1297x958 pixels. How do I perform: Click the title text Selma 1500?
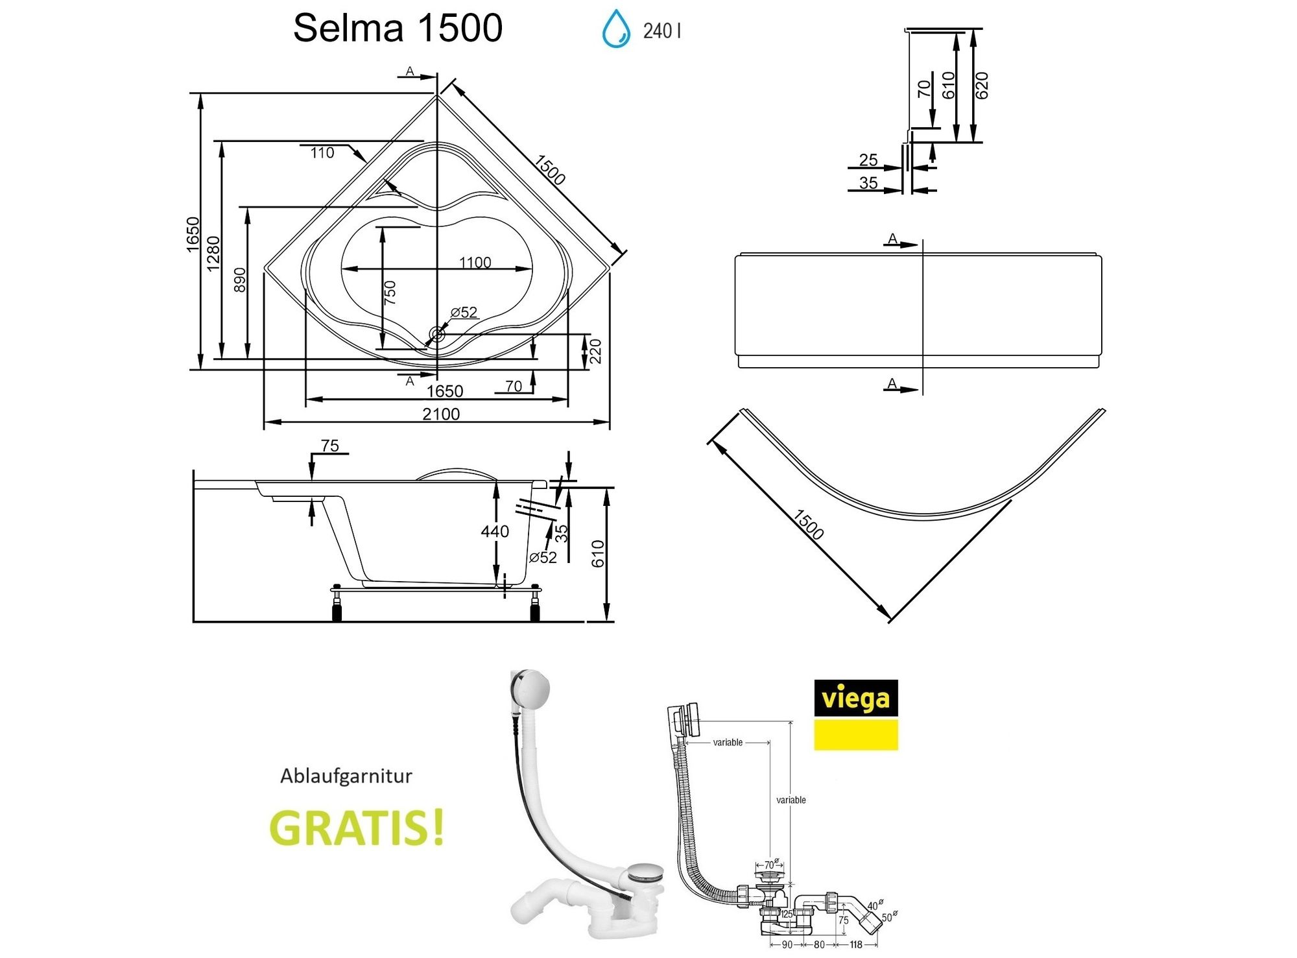click(x=398, y=28)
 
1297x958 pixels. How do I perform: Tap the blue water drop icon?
click(x=615, y=29)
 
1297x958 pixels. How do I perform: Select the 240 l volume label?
click(x=661, y=30)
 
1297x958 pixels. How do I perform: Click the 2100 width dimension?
click(x=441, y=414)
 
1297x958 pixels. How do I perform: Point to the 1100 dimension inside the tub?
click(x=475, y=262)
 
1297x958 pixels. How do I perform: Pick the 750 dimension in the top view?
click(x=390, y=293)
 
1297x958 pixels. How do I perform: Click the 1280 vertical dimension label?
click(x=213, y=254)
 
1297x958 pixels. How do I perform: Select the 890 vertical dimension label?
click(x=239, y=280)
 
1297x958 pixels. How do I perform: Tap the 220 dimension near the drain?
click(x=595, y=351)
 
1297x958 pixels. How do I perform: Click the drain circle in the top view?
click(x=436, y=335)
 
